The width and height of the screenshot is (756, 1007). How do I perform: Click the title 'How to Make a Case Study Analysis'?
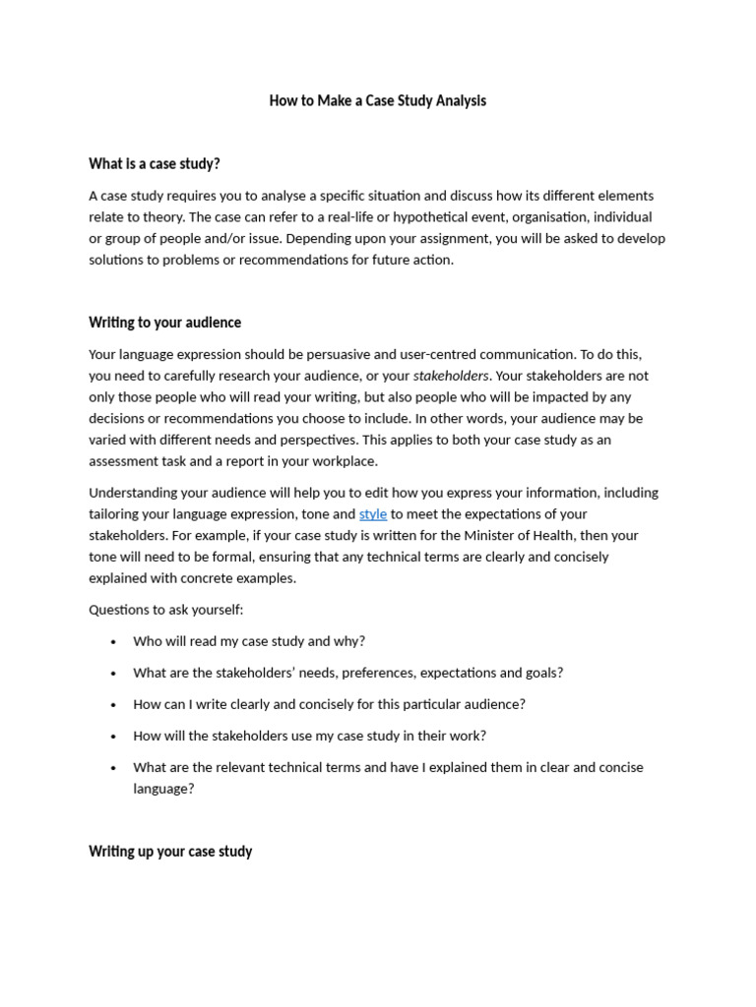click(x=378, y=100)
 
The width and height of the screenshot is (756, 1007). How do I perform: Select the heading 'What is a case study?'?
click(x=155, y=163)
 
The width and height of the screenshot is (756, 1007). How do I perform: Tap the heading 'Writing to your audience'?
click(x=164, y=323)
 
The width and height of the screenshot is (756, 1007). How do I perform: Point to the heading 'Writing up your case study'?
click(x=170, y=852)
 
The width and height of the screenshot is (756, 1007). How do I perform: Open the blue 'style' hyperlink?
click(x=373, y=514)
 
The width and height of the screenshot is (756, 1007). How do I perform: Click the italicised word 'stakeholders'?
click(x=451, y=376)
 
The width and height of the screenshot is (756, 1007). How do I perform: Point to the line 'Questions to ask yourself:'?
click(x=165, y=610)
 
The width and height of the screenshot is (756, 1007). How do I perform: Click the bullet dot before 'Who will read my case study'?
click(x=113, y=642)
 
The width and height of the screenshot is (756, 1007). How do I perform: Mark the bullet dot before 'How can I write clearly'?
click(x=113, y=705)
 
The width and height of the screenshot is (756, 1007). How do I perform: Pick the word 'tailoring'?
click(x=116, y=514)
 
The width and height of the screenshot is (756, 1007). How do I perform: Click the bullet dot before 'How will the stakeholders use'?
click(x=113, y=737)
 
